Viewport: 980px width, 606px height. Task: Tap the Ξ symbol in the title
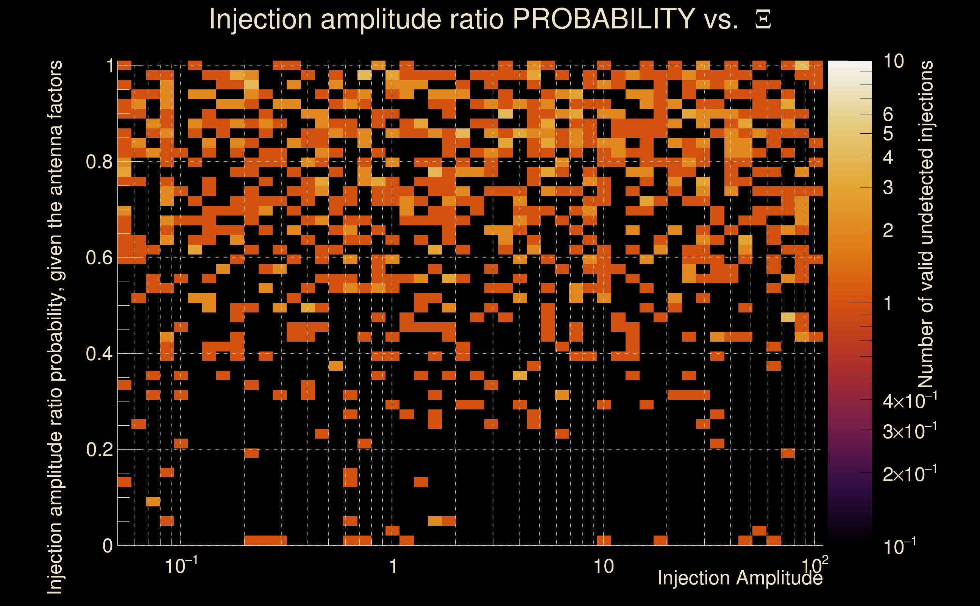[x=763, y=20]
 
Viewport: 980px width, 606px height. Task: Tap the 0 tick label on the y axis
[x=108, y=546]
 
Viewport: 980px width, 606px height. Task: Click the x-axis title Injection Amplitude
[x=740, y=578]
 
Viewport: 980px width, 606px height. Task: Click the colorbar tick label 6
[x=888, y=115]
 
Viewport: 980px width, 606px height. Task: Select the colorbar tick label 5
[x=888, y=134]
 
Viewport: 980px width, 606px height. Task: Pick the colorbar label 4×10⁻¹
[x=910, y=401]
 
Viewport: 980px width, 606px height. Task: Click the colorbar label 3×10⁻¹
[x=910, y=431]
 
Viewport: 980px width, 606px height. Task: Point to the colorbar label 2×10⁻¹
[x=910, y=474]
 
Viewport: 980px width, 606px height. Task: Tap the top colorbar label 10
[x=893, y=62]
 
